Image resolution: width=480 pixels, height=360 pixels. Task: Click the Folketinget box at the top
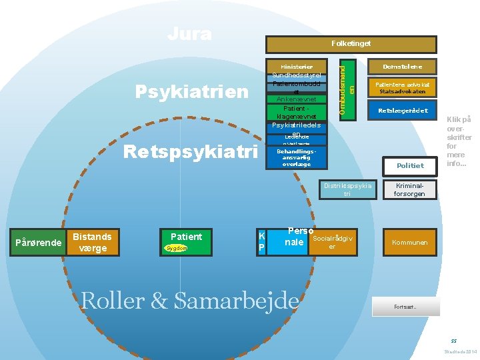351,44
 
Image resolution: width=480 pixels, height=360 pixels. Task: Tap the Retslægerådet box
402,110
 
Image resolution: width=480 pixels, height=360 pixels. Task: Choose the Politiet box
410,165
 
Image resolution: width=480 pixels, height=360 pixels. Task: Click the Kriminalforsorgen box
410,189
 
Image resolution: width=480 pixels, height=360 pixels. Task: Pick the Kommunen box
410,243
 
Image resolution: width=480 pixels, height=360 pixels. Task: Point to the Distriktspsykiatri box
347,189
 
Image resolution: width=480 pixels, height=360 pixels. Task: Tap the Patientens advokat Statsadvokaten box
402,88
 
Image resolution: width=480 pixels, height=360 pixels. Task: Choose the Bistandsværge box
93,242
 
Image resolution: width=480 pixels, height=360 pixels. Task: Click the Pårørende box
37,242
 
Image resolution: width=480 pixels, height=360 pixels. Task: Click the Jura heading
189,33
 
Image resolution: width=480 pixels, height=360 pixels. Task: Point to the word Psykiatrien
191,91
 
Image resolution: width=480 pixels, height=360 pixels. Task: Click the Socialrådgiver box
333,243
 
